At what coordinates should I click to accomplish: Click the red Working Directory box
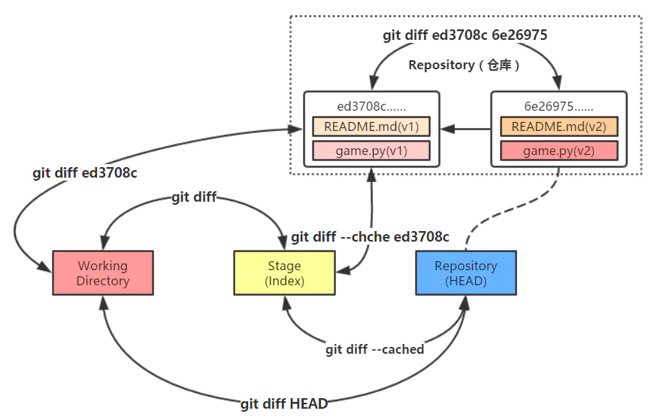click(102, 272)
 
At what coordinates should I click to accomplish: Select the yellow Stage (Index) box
click(284, 272)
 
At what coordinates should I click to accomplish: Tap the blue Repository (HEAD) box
click(465, 272)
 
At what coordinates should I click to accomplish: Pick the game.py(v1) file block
click(371, 151)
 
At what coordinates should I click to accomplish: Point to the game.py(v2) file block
click(559, 151)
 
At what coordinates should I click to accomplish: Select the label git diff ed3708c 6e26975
click(465, 35)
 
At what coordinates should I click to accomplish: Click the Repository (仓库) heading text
click(465, 65)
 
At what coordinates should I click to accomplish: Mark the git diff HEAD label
click(284, 404)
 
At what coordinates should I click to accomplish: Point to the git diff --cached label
click(374, 349)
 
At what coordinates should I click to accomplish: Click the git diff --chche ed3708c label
click(371, 237)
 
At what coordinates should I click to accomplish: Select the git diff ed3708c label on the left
click(84, 172)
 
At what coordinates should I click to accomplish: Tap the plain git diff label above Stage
click(194, 197)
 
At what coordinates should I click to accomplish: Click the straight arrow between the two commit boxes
click(465, 129)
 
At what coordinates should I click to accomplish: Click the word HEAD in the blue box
click(466, 281)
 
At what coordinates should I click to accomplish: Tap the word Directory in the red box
click(103, 281)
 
